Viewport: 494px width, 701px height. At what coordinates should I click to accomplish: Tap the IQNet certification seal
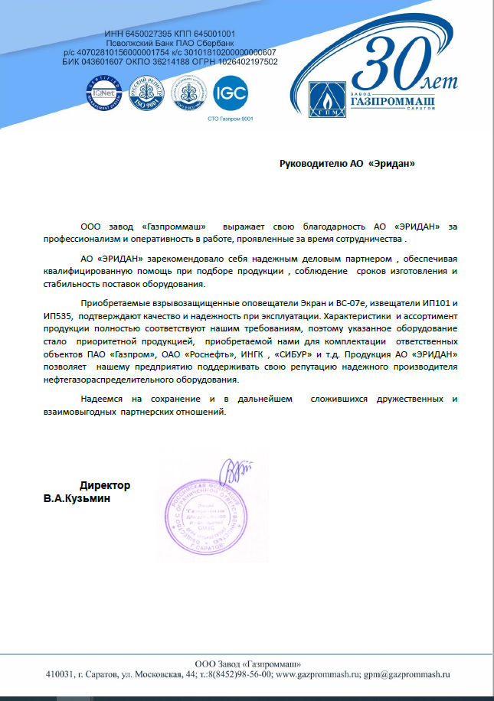(x=103, y=94)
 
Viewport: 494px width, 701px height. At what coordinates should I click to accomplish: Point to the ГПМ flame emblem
(x=322, y=99)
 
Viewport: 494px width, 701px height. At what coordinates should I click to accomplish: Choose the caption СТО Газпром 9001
(x=230, y=119)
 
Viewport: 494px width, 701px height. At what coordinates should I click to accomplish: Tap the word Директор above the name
(x=105, y=485)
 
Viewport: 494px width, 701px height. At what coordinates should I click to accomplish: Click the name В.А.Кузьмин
(x=76, y=499)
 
